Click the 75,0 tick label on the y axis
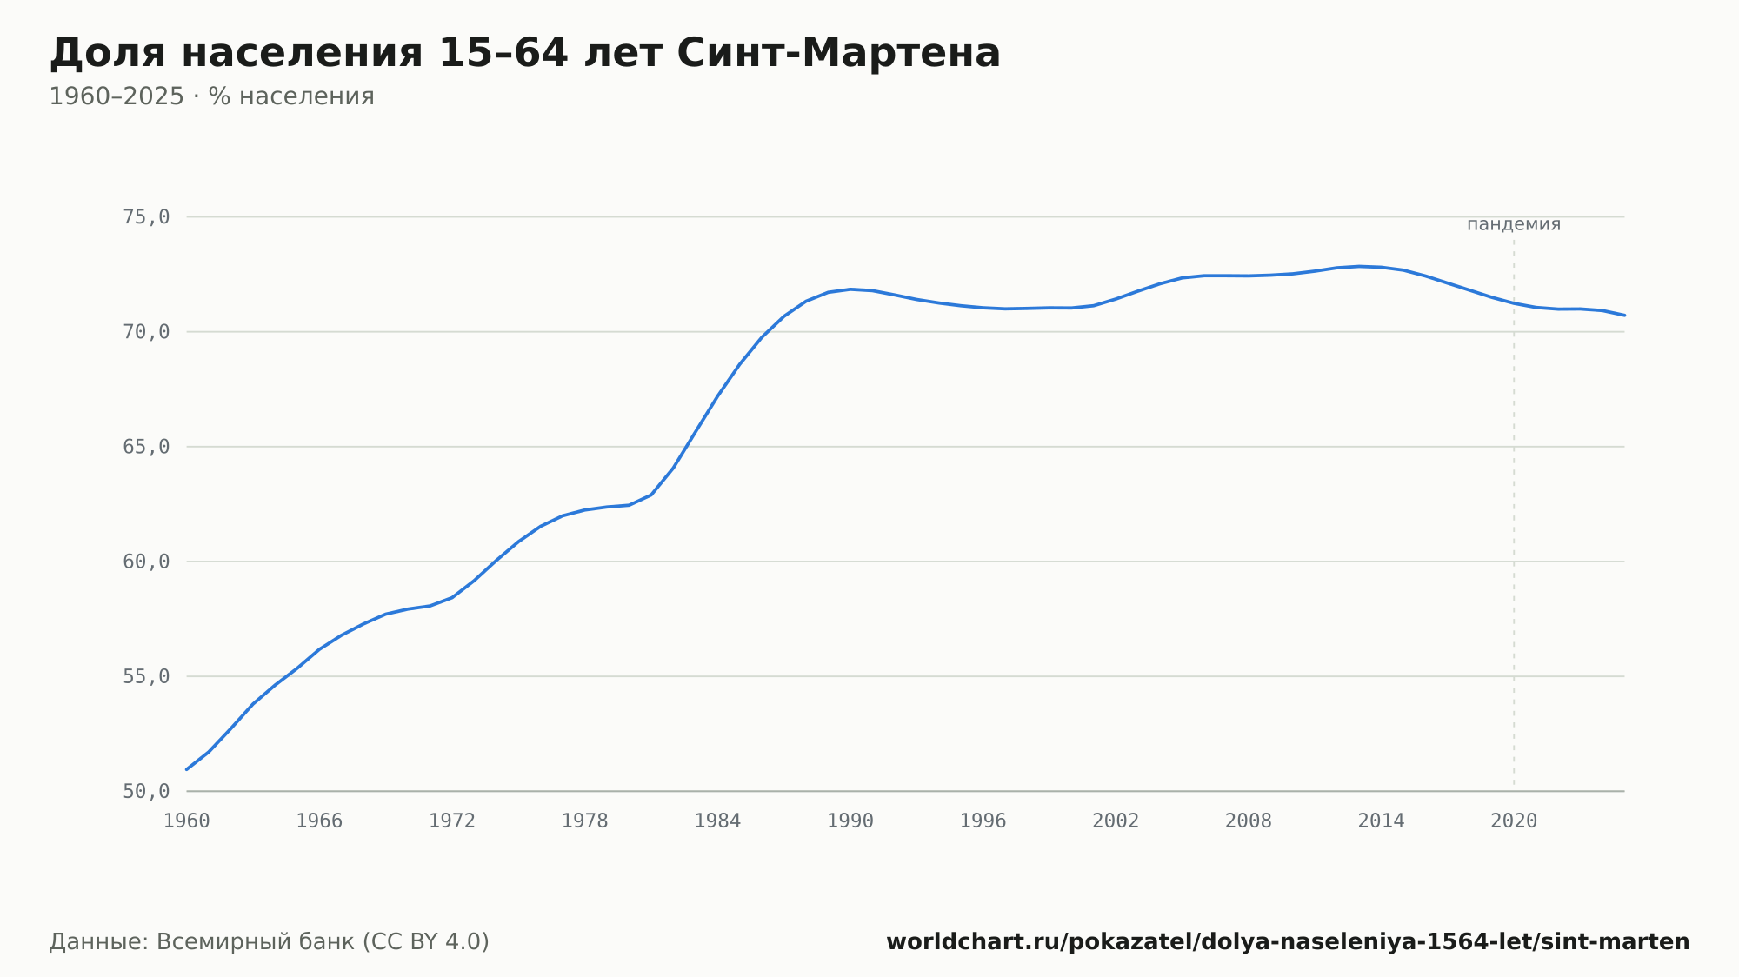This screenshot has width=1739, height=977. click(x=146, y=217)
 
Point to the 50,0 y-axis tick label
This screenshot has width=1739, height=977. click(x=146, y=792)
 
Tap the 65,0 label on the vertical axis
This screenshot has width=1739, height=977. click(x=146, y=447)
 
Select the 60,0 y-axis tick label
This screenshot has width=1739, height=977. click(x=146, y=562)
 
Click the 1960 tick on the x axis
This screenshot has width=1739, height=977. click(x=187, y=821)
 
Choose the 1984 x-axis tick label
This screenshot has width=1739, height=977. click(x=717, y=821)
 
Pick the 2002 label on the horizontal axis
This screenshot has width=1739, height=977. click(x=1116, y=821)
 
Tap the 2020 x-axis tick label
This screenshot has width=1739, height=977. click(x=1514, y=821)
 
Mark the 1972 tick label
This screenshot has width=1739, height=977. click(x=452, y=821)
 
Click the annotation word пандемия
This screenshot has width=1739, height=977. click(x=1514, y=224)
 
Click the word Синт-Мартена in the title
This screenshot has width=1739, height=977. click(x=838, y=53)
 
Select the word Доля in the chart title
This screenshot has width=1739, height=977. click(x=107, y=54)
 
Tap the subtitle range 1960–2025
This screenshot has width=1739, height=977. click(x=117, y=96)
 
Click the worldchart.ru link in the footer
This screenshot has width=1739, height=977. click(x=1288, y=942)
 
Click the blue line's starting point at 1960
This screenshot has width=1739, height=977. click(x=187, y=769)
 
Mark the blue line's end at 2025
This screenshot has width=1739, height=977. click(x=1624, y=315)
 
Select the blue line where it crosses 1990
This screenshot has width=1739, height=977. click(x=850, y=289)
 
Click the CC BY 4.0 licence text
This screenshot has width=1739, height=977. click(x=425, y=942)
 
